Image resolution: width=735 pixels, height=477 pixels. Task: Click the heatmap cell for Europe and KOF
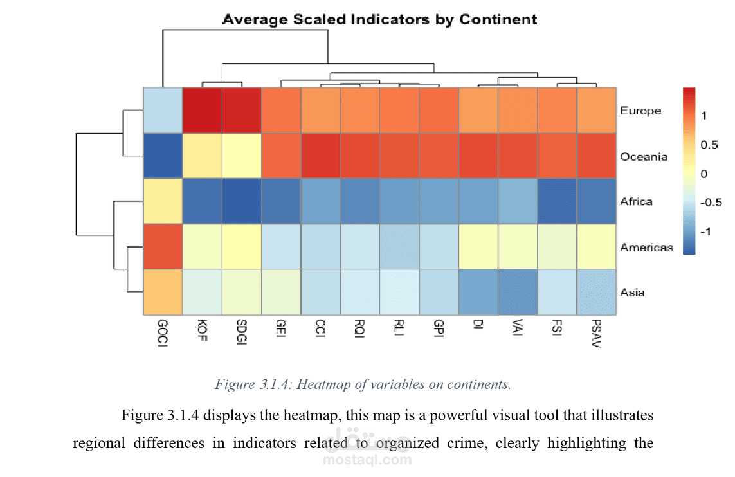[x=203, y=110]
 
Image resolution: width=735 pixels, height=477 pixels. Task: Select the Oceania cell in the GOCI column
[x=163, y=156]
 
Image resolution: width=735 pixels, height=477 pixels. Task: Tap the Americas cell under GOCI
[x=163, y=246]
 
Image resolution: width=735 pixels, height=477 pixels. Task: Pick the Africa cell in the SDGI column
[x=242, y=201]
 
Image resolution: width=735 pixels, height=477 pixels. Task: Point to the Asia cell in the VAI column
[x=518, y=292]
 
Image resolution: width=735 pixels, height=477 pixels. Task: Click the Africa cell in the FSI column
[x=557, y=201]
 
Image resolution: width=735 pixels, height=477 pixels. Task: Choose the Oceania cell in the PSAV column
[x=597, y=156]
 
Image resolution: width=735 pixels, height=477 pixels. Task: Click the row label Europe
[x=640, y=111]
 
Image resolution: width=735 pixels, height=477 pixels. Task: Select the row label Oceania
[x=644, y=156]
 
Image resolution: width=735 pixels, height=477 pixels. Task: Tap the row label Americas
[x=646, y=247]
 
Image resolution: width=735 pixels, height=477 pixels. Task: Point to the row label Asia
[x=632, y=292]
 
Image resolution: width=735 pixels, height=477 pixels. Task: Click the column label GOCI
[x=163, y=332]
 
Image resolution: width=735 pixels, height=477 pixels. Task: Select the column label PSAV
[x=597, y=332]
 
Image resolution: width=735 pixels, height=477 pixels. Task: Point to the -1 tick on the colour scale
[x=708, y=231]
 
